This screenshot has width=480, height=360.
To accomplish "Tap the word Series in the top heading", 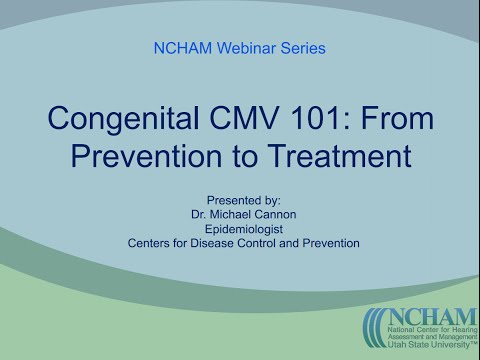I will [x=304, y=47].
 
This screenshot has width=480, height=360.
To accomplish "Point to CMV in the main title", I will [x=250, y=120].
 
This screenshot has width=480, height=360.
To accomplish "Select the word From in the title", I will [x=401, y=120].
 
